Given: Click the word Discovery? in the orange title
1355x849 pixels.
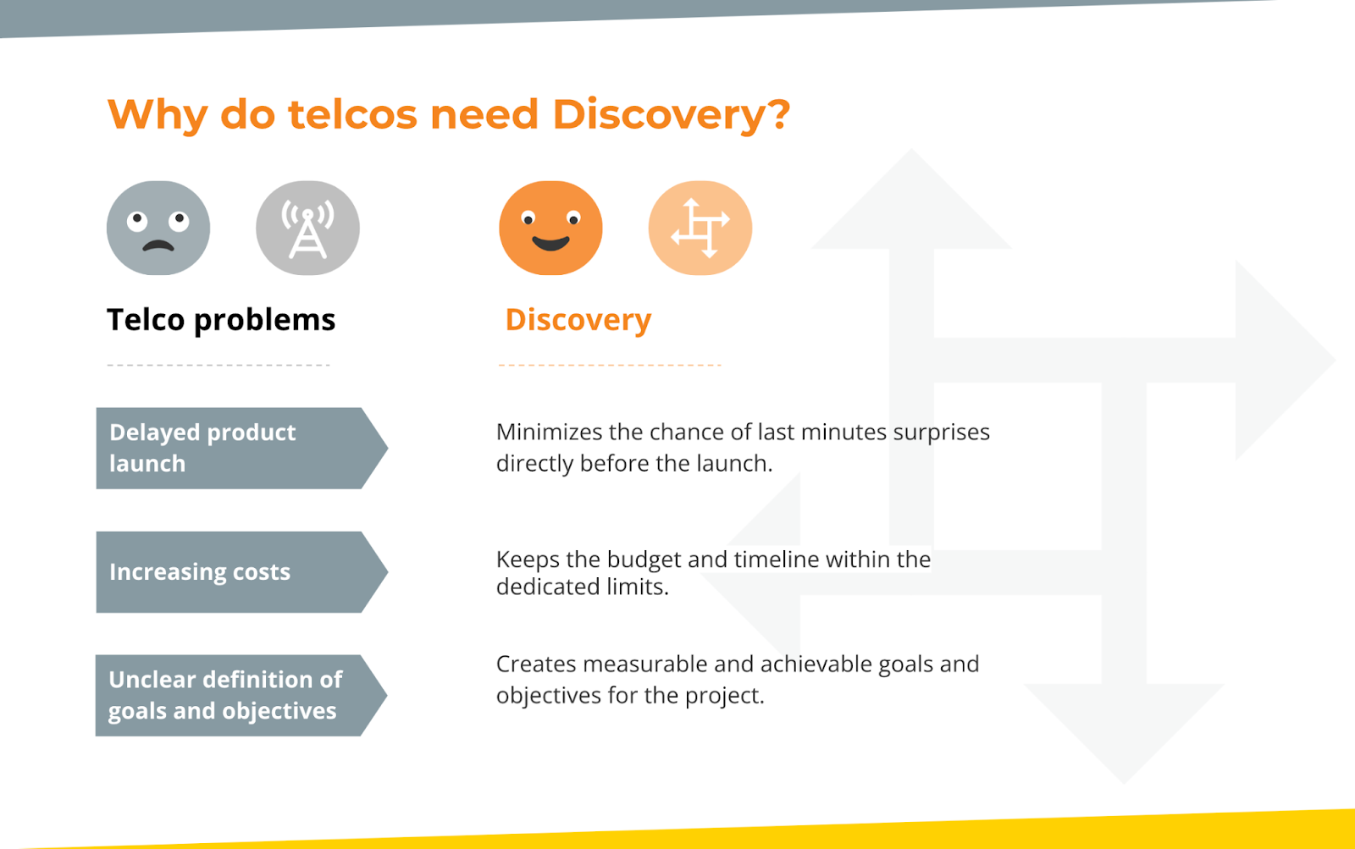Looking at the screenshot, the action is pos(671,114).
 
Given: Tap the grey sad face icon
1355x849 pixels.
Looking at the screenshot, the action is pos(158,228).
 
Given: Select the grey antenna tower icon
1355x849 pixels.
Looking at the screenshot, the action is pos(307,228).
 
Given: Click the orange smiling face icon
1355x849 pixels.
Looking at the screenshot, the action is pos(550,228).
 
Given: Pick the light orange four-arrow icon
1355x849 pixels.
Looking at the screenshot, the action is pos(700,228).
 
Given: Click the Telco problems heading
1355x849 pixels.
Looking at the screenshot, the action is pos(221,320).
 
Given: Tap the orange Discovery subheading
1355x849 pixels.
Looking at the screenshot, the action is pos(578,320).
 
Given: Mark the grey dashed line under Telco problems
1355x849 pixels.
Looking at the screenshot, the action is pos(218,365).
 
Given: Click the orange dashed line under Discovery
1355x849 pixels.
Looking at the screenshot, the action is pos(610,365).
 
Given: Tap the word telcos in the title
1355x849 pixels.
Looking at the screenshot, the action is pos(352,114).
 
